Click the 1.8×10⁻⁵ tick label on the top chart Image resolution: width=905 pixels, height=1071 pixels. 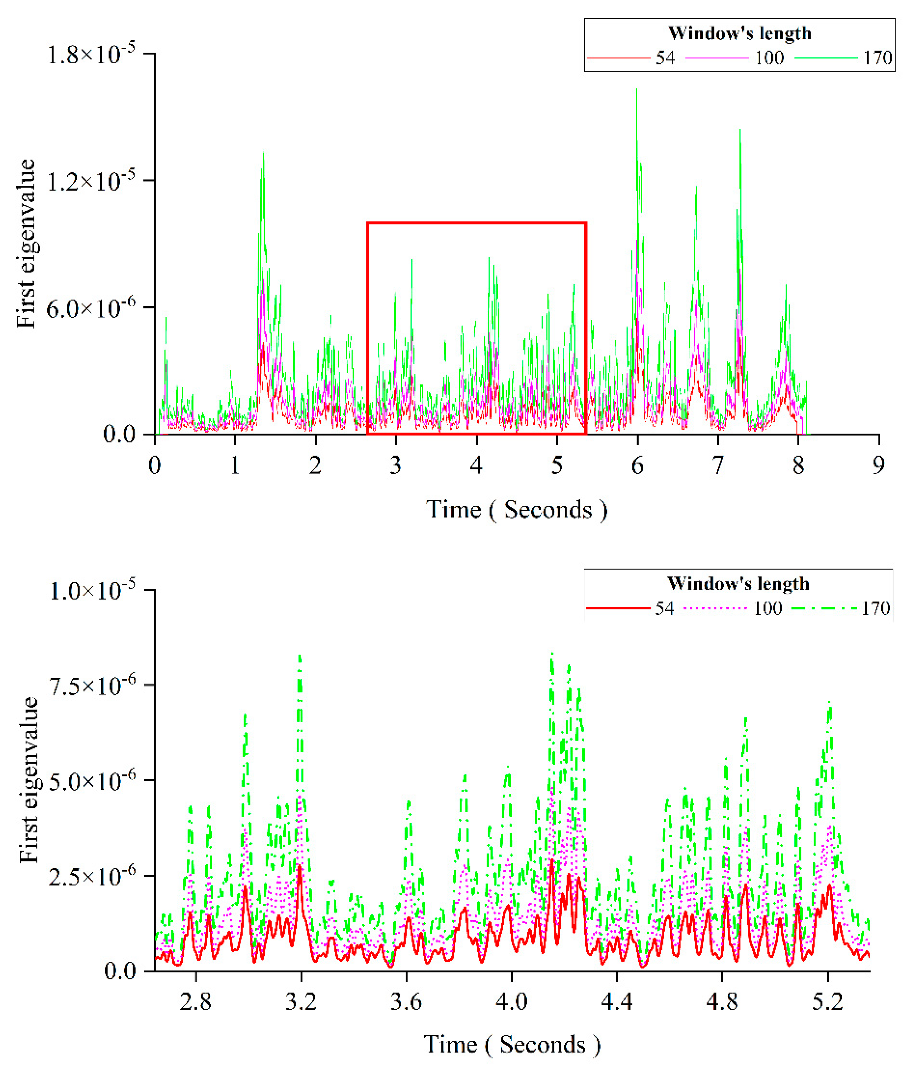click(x=91, y=54)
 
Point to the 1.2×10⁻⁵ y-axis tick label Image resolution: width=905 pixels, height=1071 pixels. click(x=91, y=181)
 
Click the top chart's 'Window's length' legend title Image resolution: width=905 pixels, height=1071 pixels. click(x=740, y=33)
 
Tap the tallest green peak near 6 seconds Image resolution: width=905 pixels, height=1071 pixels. click(x=637, y=90)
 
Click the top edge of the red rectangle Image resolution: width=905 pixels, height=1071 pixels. click(x=477, y=223)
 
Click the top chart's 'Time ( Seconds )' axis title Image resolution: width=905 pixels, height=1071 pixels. click(x=517, y=510)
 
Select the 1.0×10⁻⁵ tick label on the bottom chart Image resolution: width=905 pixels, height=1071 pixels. click(x=92, y=591)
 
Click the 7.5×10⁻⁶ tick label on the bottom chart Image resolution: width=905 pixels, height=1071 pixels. click(x=92, y=686)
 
